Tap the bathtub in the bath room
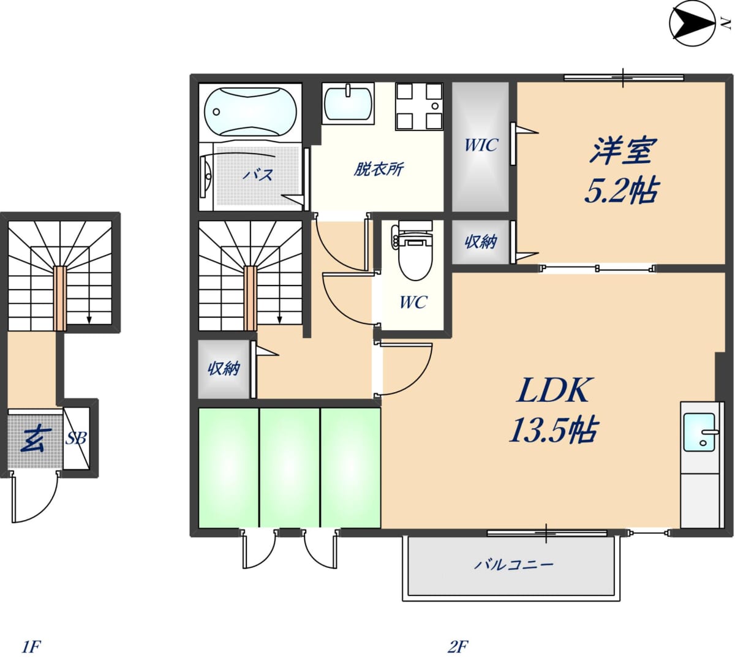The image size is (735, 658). [x=251, y=111]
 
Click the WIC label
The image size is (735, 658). [x=481, y=145]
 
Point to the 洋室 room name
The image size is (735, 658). [x=623, y=150]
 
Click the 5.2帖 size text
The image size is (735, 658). [x=622, y=190]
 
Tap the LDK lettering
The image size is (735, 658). [x=552, y=390]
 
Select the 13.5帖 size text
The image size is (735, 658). [x=553, y=430]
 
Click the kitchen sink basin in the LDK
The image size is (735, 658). [x=699, y=433]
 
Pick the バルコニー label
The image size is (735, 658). [x=514, y=564]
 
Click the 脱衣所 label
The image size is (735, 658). [x=378, y=169]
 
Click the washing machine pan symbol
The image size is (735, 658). [x=420, y=107]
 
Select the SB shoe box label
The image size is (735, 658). [x=76, y=439]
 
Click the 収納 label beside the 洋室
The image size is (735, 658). [x=481, y=242]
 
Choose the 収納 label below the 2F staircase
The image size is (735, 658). [x=224, y=369]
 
